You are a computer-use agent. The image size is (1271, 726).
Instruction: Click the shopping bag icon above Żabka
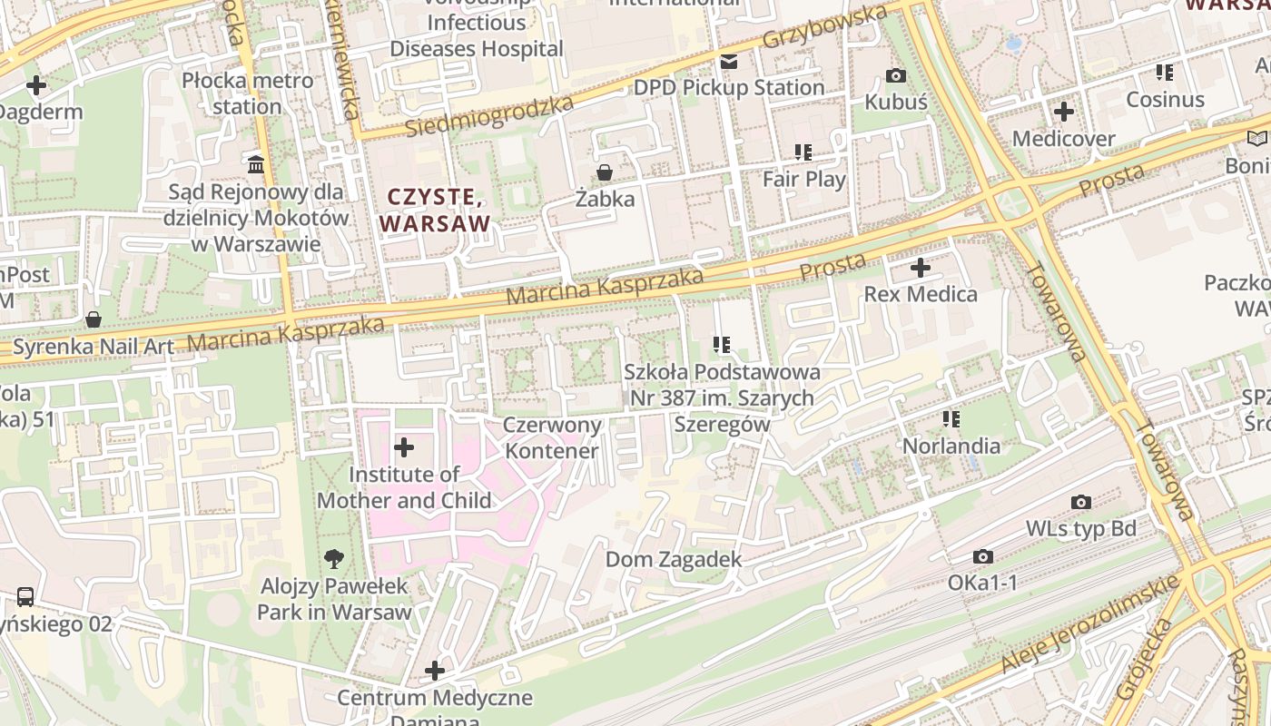[x=604, y=172]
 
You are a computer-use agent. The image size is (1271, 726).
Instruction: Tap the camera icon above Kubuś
[x=896, y=75]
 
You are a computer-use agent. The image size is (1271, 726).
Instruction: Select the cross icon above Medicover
[x=1063, y=113]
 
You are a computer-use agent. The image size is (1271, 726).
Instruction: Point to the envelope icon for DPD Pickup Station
[x=728, y=62]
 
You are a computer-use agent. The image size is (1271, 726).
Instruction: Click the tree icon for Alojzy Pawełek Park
[x=334, y=559]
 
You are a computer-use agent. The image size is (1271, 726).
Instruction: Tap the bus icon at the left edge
[x=25, y=597]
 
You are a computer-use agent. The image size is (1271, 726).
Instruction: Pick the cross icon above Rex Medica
[x=921, y=268]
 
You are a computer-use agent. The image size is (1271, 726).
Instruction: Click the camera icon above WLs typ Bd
[x=1080, y=502]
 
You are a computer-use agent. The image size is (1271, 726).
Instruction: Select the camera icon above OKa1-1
[x=982, y=556]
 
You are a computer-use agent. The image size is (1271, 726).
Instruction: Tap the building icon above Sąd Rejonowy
[x=256, y=164]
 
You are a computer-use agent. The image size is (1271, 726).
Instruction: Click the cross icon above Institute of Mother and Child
[x=404, y=447]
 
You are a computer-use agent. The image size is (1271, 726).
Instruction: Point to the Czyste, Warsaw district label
[x=435, y=210]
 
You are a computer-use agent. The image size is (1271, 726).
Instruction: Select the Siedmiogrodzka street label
[x=489, y=116]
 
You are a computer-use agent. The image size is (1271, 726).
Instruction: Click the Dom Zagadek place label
[x=674, y=560]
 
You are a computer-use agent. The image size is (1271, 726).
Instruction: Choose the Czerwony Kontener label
[x=552, y=438]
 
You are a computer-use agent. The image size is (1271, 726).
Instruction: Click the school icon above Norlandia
[x=951, y=418]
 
